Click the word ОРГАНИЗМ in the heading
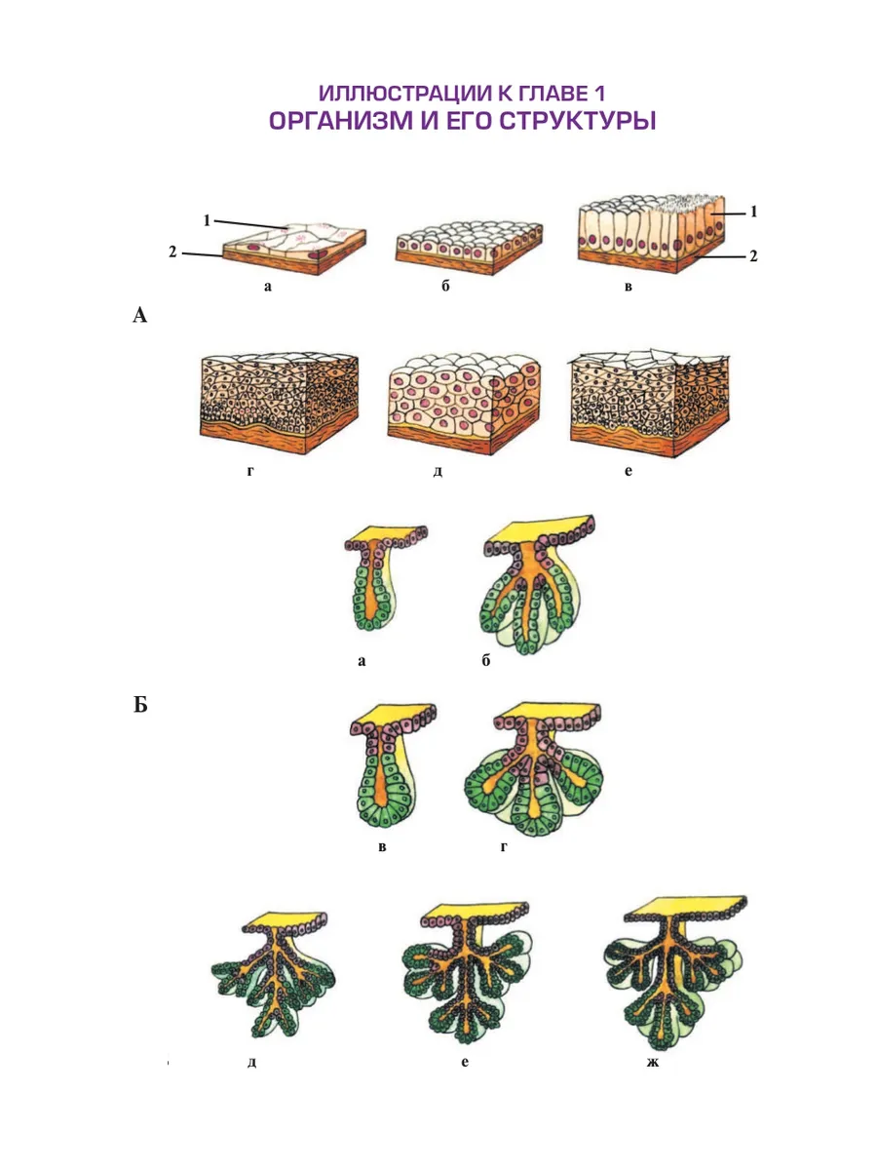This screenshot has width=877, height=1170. click(x=341, y=121)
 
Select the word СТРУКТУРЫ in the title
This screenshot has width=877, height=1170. click(x=578, y=121)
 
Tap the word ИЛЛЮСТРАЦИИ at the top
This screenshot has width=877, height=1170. click(x=404, y=93)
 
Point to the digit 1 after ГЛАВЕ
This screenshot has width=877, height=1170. click(x=599, y=93)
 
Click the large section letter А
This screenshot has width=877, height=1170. click(x=139, y=315)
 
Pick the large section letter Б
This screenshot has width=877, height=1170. click(x=140, y=705)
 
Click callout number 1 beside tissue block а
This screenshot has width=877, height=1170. click(x=208, y=220)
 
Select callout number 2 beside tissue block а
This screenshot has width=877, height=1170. click(x=172, y=252)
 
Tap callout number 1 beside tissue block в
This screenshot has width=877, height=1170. click(x=753, y=212)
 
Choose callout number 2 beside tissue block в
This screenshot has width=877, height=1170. click(x=753, y=255)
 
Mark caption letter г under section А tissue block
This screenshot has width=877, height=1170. click(x=250, y=471)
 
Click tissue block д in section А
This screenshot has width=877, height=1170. click(x=464, y=403)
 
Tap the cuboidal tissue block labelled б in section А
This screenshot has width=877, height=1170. click(x=469, y=248)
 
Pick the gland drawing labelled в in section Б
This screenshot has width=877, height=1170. click(x=393, y=765)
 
